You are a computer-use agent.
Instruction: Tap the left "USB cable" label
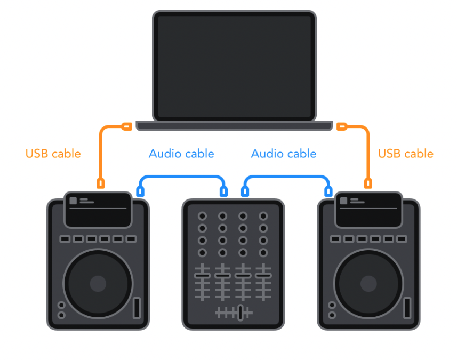coord(53,154)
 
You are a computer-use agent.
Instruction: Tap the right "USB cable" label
coord(405,154)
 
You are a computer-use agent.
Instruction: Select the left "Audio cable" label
coord(181,154)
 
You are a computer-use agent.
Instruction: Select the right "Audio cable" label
coord(284,154)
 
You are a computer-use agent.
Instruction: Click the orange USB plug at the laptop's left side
coord(126,126)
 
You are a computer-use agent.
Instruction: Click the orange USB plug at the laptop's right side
coord(342,126)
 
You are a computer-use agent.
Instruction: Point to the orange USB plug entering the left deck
coord(100,183)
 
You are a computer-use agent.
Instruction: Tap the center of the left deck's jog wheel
coord(98,283)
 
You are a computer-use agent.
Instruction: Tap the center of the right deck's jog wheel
coord(368,283)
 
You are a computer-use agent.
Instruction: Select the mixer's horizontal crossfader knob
coord(240,313)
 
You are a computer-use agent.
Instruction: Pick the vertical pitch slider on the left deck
coord(137,308)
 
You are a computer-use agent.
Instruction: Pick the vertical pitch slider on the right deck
coord(407,308)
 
